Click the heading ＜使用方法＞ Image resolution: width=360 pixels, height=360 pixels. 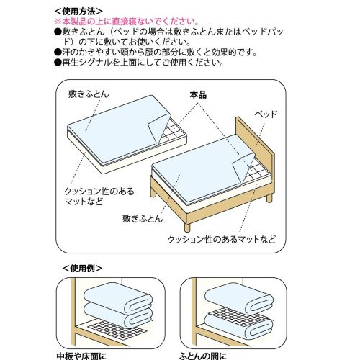[78, 12]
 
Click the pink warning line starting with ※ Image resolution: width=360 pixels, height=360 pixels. [127, 22]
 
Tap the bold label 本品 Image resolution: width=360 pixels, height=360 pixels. [198, 95]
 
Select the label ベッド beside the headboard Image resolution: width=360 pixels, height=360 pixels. [266, 114]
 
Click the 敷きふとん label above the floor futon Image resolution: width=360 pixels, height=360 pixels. [89, 94]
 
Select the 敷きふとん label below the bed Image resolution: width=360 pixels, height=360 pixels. [143, 219]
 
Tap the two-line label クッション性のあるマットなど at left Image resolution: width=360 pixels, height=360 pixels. [99, 197]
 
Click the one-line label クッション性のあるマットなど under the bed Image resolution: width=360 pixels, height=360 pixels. [222, 239]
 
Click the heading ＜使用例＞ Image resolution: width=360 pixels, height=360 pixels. [82, 269]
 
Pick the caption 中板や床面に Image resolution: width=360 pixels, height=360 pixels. [81, 356]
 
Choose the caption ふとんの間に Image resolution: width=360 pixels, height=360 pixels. [203, 356]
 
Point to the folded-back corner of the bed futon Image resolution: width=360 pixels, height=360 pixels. [243, 168]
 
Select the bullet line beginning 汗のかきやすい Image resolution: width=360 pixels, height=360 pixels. [156, 53]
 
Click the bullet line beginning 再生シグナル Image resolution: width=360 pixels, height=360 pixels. [139, 63]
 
